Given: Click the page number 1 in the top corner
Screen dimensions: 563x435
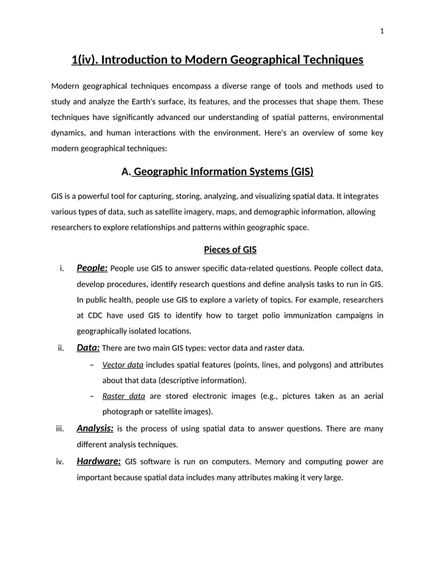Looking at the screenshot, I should tap(382, 31).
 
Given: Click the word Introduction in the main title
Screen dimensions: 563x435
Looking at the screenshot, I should tap(133, 60).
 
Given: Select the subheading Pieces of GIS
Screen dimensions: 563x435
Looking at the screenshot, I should tap(217, 249).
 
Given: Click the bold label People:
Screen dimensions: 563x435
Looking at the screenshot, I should tap(91, 268).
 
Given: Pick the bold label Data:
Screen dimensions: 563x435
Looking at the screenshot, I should tap(88, 348).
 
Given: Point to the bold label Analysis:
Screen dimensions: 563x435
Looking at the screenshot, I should tap(95, 428).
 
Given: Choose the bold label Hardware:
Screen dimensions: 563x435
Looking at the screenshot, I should tap(98, 461).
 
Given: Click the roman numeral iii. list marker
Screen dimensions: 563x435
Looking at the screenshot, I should tap(59, 429).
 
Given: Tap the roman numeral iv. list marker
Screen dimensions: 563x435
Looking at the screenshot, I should tap(59, 462).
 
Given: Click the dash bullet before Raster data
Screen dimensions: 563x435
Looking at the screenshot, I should tap(91, 396).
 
